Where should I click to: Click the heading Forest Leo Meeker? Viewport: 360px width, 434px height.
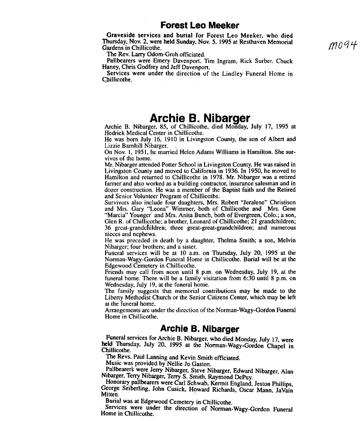pos(199,25)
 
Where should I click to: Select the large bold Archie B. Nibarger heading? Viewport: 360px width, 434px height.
pos(199,118)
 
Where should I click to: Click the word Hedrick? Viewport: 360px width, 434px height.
pos(114,133)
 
